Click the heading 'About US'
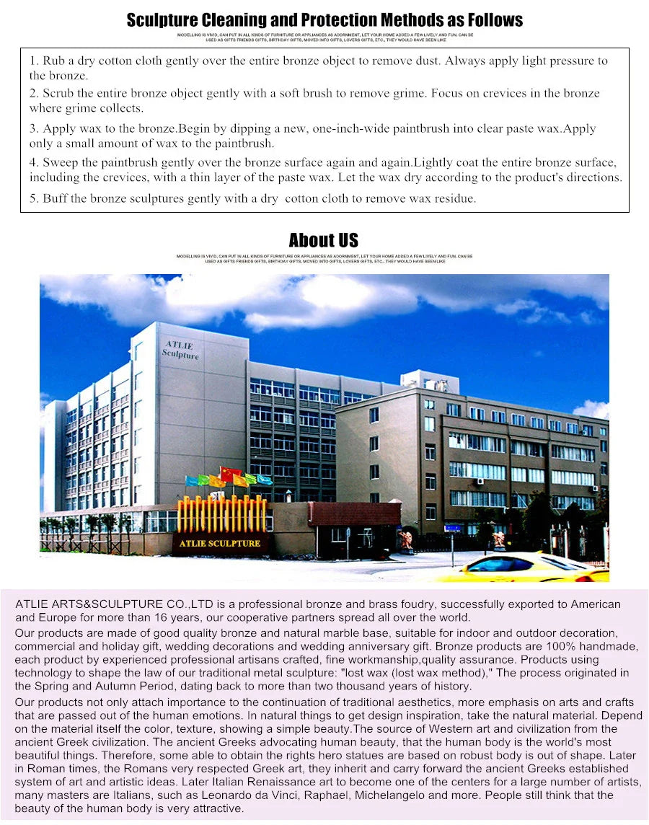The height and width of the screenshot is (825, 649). pyautogui.click(x=323, y=240)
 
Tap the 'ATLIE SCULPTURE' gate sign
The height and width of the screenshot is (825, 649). pyautogui.click(x=221, y=543)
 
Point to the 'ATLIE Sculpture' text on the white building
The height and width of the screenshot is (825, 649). pyautogui.click(x=180, y=350)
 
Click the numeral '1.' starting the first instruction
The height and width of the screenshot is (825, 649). pyautogui.click(x=34, y=61)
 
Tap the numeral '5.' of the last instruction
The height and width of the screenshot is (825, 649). pyautogui.click(x=34, y=198)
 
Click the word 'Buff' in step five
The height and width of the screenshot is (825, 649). pyautogui.click(x=55, y=198)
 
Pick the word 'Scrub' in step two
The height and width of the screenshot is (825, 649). pyautogui.click(x=58, y=94)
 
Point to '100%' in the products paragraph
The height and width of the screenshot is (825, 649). pyautogui.click(x=553, y=646)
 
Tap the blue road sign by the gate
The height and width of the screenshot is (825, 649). pyautogui.click(x=452, y=529)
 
